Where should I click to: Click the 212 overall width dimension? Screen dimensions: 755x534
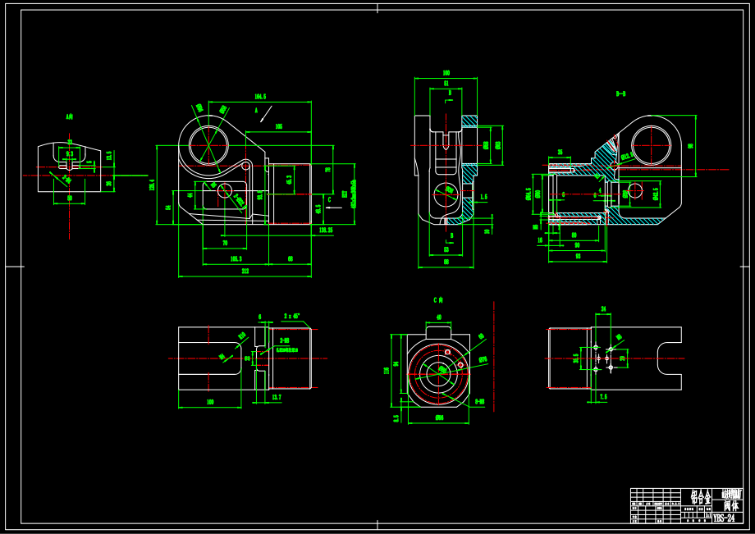coord(245,272)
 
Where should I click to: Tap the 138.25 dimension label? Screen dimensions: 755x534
coord(325,230)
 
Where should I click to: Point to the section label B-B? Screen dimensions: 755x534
coord(620,94)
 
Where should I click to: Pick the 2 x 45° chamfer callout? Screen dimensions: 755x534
coord(291,315)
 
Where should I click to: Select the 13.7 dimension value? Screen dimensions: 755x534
coord(276,397)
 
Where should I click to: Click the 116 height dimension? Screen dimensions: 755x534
coord(387,370)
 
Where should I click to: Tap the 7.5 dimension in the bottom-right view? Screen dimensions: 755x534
coord(603,397)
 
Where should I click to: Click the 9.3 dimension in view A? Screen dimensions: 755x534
coord(70,153)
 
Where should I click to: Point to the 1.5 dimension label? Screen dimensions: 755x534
coord(483,197)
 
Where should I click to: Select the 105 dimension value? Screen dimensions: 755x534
coord(279,126)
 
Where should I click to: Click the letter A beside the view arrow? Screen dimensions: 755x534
coord(256,109)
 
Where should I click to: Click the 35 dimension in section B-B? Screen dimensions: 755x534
coord(560,152)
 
